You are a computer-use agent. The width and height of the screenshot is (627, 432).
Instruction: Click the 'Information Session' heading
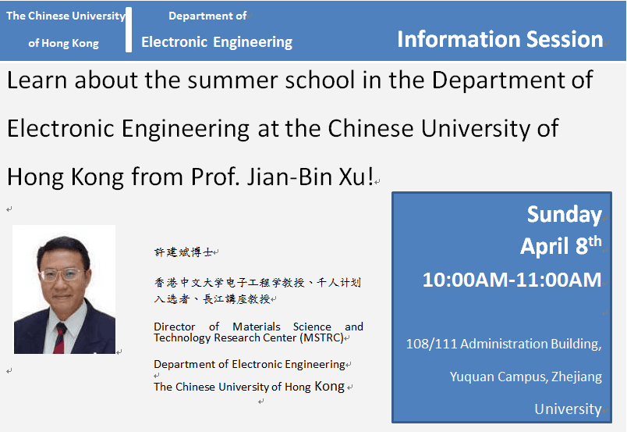500,39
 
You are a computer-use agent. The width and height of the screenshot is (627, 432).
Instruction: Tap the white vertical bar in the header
129,29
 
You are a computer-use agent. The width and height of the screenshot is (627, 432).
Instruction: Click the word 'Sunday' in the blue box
564,214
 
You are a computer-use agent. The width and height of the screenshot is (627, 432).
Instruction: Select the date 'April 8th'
561,245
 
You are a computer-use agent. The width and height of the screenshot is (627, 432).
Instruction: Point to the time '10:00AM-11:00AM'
512,280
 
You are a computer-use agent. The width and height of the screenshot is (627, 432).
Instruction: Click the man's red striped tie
59,338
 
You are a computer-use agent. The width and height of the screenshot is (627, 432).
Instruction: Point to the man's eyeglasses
61,274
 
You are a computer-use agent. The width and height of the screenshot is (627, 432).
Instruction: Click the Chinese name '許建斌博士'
183,252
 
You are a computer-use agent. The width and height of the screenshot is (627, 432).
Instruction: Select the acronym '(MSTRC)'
322,337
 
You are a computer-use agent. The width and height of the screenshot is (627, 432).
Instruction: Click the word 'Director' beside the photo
175,327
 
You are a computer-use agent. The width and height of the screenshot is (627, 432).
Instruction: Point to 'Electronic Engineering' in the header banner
217,42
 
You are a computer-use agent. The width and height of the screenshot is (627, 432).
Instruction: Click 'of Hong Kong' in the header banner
64,43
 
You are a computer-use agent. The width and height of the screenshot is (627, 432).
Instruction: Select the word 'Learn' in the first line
37,80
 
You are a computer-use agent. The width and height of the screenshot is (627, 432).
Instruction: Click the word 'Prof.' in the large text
215,177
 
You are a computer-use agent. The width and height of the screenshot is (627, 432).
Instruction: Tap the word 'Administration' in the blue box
503,344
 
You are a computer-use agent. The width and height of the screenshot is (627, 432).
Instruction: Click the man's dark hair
63,248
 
